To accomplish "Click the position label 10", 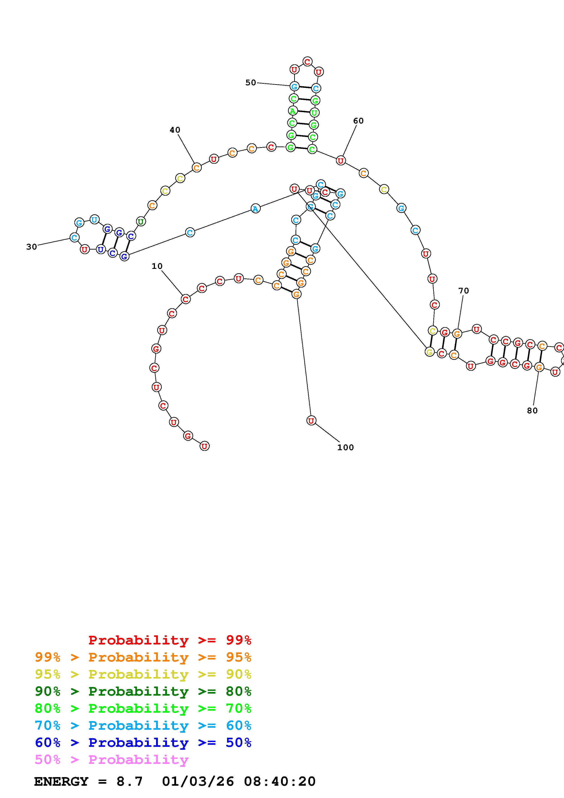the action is (157, 266).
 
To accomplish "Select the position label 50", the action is (250, 83).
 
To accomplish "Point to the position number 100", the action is (345, 447).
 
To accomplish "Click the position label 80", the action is (532, 410).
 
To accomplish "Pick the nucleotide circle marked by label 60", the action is (341, 161).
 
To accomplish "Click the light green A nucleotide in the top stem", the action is (293, 111).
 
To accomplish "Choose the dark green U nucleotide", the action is (140, 221).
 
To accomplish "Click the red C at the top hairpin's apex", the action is (307, 62).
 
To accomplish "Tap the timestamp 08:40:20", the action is (280, 781).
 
